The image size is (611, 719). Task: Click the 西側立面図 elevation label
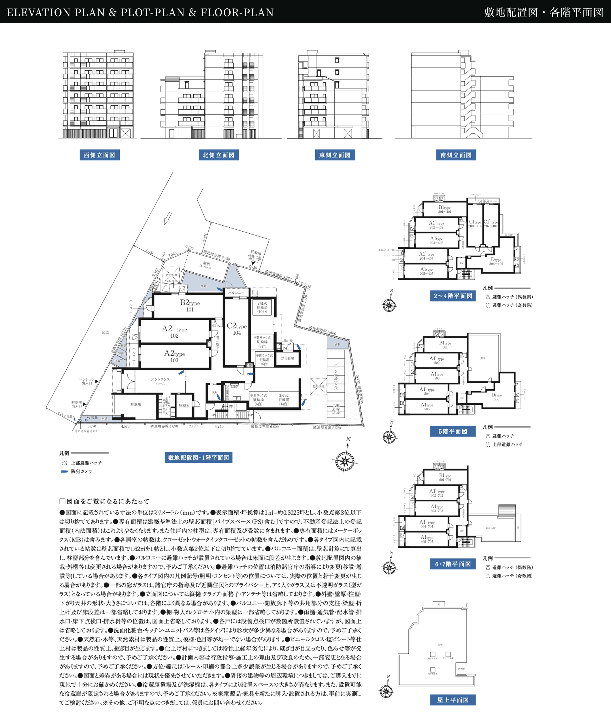point(99,155)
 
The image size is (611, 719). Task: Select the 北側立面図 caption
point(218,155)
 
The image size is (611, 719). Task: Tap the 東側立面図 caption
point(335,155)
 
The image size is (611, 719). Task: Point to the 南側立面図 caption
point(456,155)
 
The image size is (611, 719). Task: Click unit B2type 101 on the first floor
point(190,306)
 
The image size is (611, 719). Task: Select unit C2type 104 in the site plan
point(237,329)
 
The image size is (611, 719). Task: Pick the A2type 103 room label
point(174,356)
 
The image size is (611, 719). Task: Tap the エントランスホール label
point(160,381)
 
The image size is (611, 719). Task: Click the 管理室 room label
point(184,406)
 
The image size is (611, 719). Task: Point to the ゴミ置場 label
point(288,358)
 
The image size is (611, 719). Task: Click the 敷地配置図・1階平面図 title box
point(199,458)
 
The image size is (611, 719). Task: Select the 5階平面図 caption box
point(453,431)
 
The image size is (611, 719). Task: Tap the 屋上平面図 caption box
point(453,700)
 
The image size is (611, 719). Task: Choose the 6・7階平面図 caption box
point(453,564)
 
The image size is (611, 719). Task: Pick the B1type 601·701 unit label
point(445,478)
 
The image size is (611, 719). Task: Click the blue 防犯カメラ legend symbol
point(65,471)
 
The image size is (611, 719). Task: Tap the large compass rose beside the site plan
point(345,461)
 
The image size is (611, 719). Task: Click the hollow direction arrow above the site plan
point(168,218)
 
